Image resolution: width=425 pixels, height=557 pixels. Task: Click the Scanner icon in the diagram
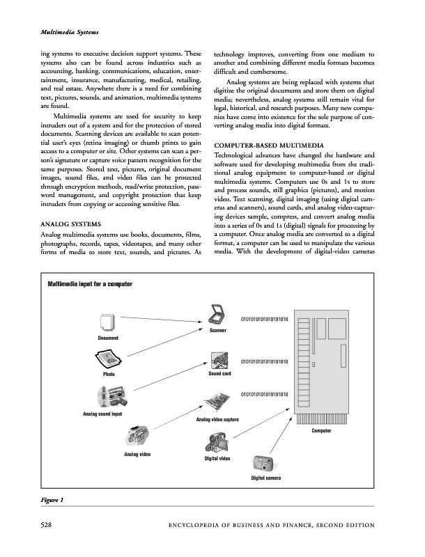(x=216, y=315)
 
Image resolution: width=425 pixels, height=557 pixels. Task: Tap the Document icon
(x=107, y=323)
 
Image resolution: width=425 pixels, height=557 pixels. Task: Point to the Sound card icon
(x=219, y=361)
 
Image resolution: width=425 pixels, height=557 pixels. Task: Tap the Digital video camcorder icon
(x=216, y=444)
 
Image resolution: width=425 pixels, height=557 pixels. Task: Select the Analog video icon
(x=136, y=437)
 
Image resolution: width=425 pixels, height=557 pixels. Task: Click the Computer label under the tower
(x=321, y=431)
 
